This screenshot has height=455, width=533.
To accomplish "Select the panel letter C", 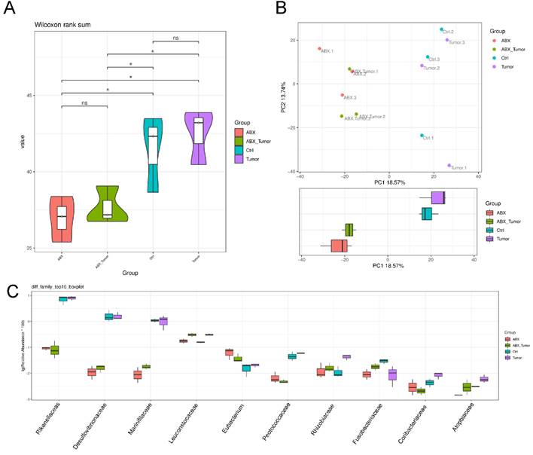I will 11,291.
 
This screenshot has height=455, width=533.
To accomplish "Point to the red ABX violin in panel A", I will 62,218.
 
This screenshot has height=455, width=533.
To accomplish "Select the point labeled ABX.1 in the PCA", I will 319,49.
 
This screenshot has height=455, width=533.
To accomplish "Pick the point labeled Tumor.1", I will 449,165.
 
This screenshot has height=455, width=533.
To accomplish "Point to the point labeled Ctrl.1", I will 422,136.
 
